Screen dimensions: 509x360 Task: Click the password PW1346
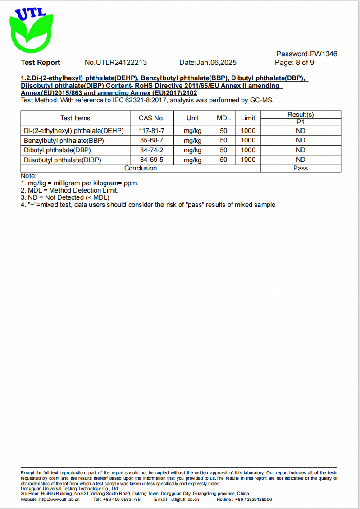click(x=306, y=54)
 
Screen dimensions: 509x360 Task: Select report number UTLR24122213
click(x=116, y=63)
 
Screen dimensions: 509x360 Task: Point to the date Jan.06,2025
click(x=208, y=63)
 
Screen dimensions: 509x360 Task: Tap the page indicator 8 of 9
click(x=294, y=63)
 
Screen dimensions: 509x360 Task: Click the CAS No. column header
click(x=151, y=118)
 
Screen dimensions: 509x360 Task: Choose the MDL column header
click(x=223, y=118)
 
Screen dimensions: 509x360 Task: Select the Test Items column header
click(x=75, y=118)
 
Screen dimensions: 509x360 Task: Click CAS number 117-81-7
click(x=151, y=131)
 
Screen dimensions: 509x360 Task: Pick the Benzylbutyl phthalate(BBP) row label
click(x=64, y=140)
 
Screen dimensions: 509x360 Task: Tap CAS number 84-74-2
click(x=151, y=150)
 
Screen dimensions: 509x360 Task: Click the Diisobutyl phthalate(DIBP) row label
click(x=63, y=160)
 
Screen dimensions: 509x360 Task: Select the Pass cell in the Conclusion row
click(x=301, y=168)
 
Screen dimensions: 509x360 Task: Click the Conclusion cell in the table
click(x=141, y=168)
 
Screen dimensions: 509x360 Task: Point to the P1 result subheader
click(x=301, y=122)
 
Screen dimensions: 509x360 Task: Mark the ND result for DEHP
click(x=301, y=131)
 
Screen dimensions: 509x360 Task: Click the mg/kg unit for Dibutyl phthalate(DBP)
click(x=192, y=150)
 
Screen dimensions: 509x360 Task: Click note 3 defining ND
click(x=65, y=197)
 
